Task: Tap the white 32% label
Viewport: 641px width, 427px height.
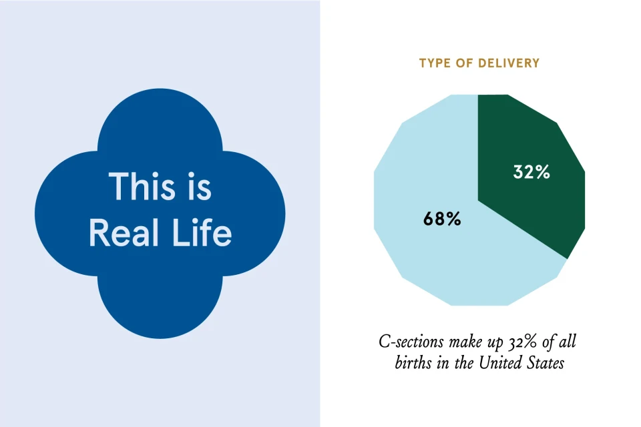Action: point(531,172)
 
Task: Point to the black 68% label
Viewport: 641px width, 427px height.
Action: point(442,219)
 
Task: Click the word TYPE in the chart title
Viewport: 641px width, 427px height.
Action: point(435,63)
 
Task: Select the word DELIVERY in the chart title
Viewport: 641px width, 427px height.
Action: point(509,63)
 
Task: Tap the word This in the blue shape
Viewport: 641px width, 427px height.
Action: point(142,186)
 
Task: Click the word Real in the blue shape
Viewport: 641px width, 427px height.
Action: point(124,232)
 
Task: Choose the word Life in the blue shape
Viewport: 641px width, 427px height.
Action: point(202,232)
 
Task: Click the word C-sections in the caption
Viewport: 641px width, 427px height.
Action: point(411,342)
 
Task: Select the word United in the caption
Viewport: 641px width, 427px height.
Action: point(499,363)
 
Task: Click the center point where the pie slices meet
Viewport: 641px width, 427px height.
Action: point(478,200)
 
